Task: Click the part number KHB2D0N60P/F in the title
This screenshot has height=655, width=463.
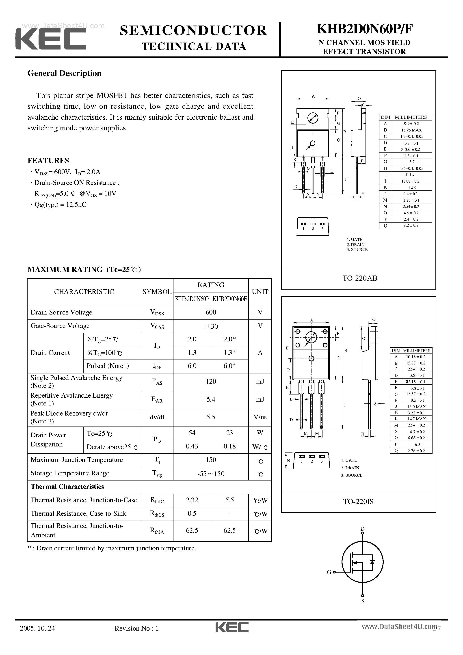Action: [365, 29]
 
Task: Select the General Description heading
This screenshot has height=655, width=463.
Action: [65, 73]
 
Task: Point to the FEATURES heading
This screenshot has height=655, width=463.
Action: [48, 161]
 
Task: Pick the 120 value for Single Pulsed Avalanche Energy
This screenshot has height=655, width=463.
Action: [211, 382]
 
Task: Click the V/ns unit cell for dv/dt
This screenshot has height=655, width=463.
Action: [260, 417]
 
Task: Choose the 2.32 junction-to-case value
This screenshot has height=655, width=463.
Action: [192, 500]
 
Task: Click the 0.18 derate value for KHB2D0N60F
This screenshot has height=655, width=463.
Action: [229, 446]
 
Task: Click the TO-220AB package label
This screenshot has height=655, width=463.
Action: [360, 278]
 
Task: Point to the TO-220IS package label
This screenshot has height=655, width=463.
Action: [358, 502]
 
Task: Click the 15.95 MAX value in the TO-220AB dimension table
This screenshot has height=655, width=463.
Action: [411, 130]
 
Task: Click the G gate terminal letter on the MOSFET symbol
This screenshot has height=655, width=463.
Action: [329, 572]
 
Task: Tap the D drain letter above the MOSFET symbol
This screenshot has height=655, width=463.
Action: [363, 529]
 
